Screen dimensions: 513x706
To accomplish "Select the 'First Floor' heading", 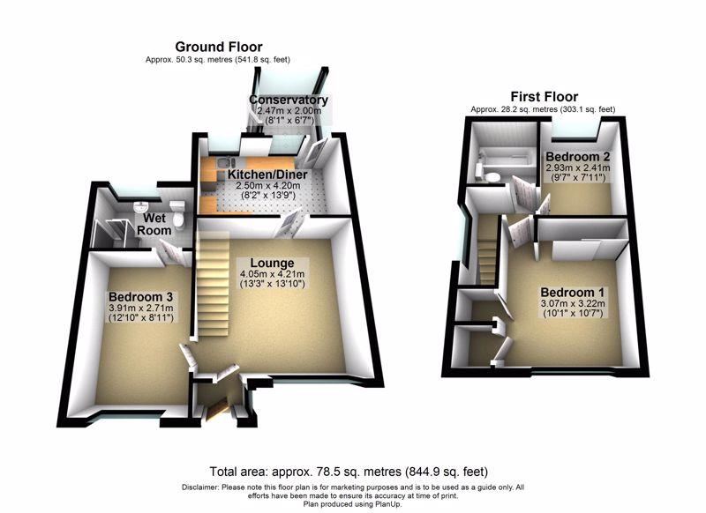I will click(545, 97).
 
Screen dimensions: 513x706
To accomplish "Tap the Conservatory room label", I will click(289, 100).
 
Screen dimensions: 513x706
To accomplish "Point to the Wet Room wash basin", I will click(139, 205).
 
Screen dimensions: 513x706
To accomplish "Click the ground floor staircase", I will click(213, 282).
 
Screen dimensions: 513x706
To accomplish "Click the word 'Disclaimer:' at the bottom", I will click(204, 487).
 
